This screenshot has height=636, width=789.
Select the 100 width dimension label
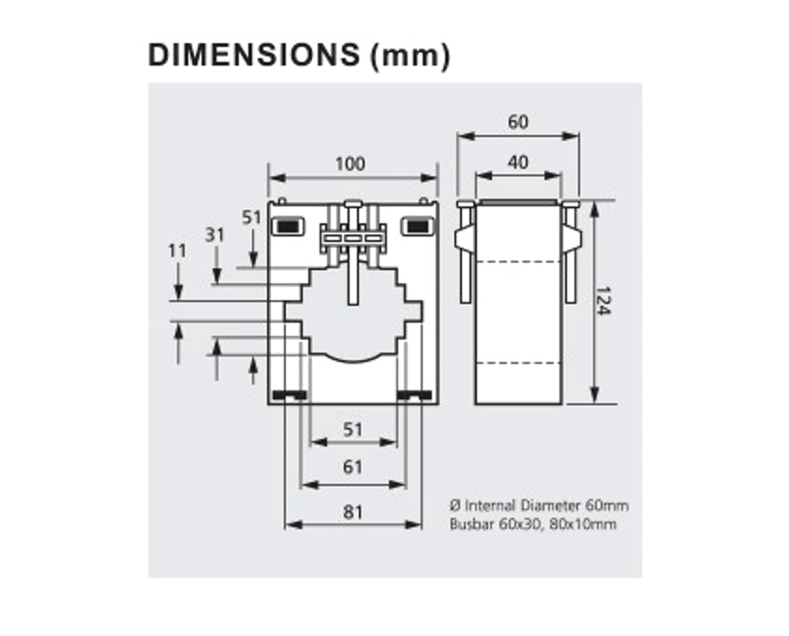[x=350, y=164]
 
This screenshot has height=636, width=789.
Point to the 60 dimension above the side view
[x=517, y=122]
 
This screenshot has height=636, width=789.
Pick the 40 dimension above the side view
[x=517, y=162]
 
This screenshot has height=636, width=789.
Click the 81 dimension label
[x=352, y=512]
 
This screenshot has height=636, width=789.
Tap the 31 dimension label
[x=216, y=235]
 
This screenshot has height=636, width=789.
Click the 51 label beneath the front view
[x=352, y=430]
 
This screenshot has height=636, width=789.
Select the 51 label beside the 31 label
[x=252, y=218]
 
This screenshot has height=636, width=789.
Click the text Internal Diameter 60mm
[x=545, y=506]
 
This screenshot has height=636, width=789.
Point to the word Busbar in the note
[x=470, y=523]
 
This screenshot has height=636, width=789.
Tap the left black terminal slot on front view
[x=286, y=226]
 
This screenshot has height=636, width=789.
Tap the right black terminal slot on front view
[x=415, y=226]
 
